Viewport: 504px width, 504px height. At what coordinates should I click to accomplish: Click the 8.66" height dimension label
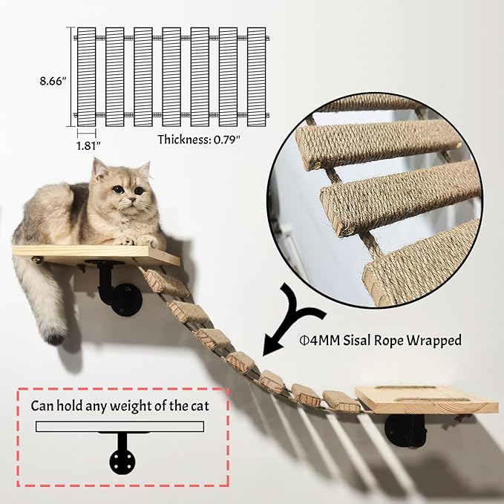54,77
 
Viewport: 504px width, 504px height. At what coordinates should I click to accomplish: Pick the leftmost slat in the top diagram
87,77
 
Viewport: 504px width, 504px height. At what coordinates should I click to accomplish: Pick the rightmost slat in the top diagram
257,77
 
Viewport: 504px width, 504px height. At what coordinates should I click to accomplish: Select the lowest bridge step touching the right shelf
341,400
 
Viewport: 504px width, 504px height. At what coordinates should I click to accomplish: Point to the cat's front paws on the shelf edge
145,241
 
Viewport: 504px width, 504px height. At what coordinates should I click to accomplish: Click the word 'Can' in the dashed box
42,406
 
